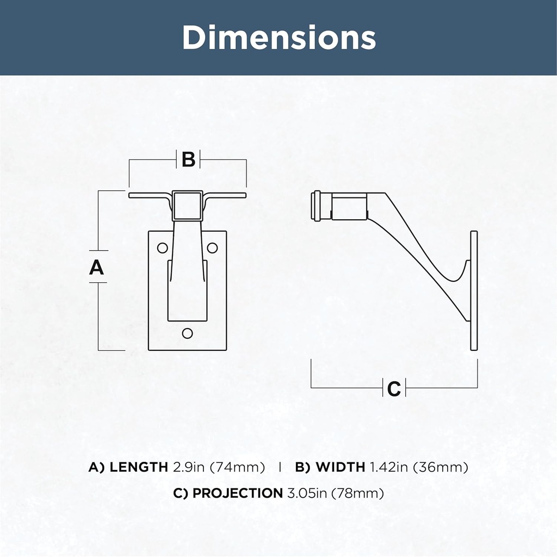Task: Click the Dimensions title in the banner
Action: click(279, 38)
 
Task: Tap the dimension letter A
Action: click(96, 267)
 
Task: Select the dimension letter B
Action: click(188, 159)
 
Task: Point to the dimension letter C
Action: click(394, 388)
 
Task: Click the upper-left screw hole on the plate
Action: click(162, 247)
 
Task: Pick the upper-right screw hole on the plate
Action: click(212, 247)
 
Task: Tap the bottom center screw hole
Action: click(187, 333)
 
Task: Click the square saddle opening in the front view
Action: click(188, 206)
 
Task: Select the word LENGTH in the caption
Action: click(139, 467)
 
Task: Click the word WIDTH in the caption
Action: click(341, 467)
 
